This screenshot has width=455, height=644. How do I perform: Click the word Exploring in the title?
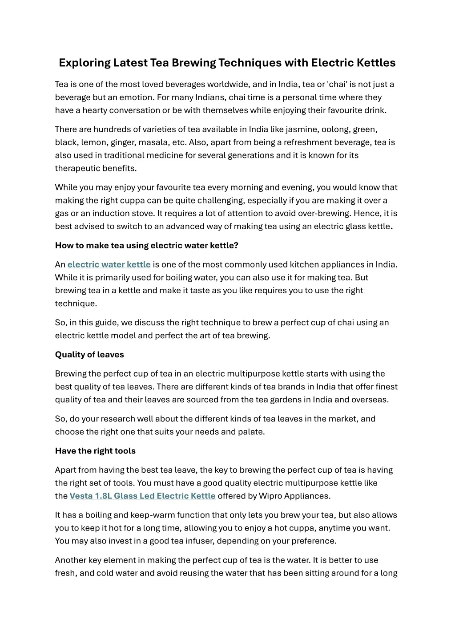click(85, 63)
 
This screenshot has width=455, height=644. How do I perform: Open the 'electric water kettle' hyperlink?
click(109, 264)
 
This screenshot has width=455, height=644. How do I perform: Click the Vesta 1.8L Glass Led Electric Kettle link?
click(142, 496)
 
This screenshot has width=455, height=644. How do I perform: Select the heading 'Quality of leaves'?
click(89, 355)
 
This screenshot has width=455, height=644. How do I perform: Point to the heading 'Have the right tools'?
click(95, 451)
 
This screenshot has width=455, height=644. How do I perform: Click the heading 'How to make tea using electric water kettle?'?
click(147, 245)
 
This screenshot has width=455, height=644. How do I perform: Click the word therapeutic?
click(77, 168)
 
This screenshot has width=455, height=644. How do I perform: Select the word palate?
click(251, 432)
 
